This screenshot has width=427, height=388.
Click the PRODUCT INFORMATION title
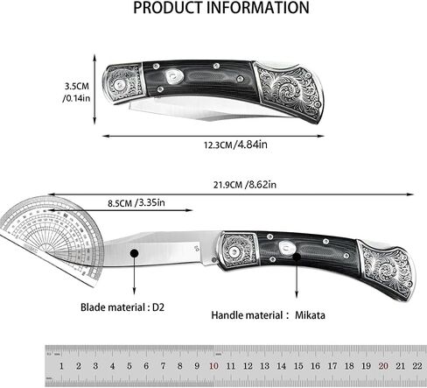tap(221, 8)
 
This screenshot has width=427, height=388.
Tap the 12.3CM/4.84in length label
tap(235, 145)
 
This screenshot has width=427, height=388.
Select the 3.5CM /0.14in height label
tap(76, 92)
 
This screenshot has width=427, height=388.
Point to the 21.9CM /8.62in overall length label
tap(244, 185)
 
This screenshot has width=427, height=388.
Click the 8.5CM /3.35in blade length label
tap(136, 202)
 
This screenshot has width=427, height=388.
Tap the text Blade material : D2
tap(122, 307)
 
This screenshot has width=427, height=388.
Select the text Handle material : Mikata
tap(268, 315)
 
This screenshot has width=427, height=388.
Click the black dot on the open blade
tap(134, 253)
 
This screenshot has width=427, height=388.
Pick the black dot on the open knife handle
tap(297, 257)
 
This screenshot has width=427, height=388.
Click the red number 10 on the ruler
tap(213, 366)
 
